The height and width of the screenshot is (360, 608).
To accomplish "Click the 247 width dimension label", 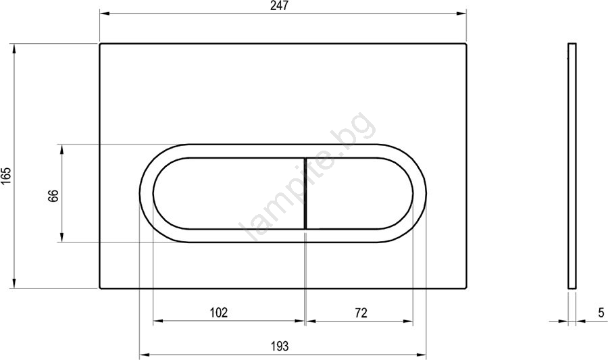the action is coord(280,6).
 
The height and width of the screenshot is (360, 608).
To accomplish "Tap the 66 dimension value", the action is coord(53,195).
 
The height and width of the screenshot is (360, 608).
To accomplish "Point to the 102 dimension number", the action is coord(219,312).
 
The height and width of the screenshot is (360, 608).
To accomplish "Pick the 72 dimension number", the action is coord(361,312).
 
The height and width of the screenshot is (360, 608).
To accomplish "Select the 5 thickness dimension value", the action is coord(601,312).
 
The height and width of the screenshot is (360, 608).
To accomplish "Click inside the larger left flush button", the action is coord(229,193).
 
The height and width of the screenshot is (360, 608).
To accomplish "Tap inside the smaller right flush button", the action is coord(359,193).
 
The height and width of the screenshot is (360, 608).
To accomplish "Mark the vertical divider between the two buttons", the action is coord(306,193).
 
